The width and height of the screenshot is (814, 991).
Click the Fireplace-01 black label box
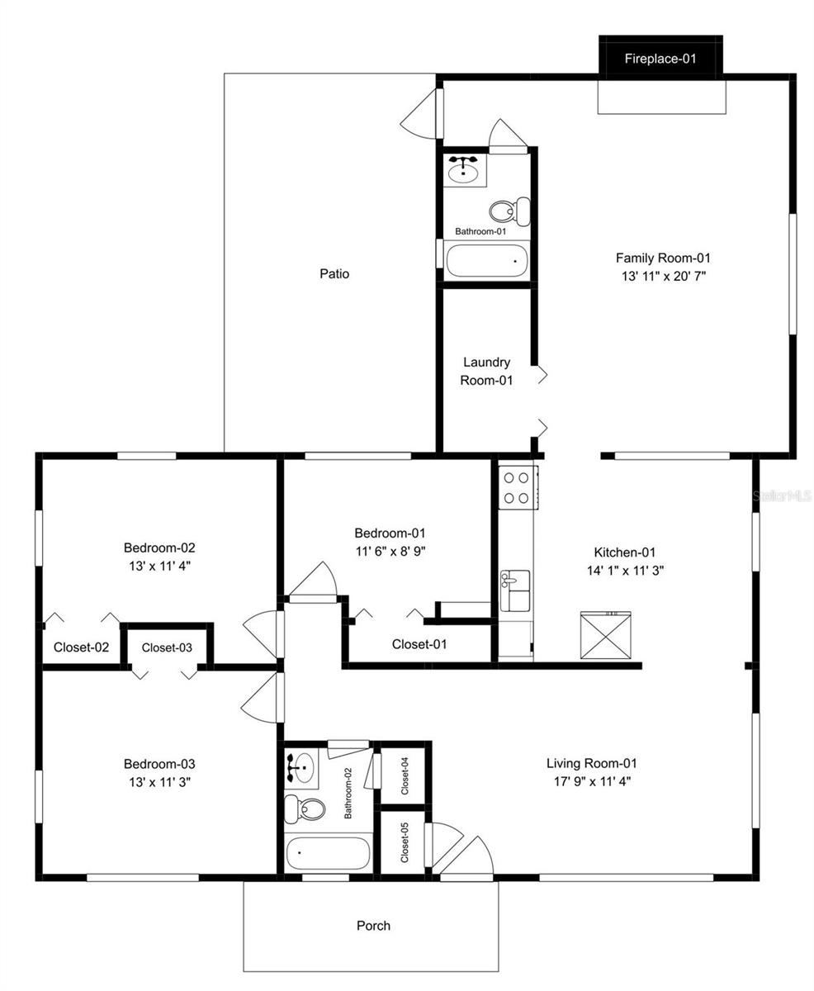click(660, 58)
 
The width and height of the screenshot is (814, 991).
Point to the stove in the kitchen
click(518, 487)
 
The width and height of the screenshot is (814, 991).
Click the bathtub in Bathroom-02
click(328, 853)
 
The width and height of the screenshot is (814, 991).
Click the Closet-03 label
click(167, 647)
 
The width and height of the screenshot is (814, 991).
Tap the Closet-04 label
click(405, 775)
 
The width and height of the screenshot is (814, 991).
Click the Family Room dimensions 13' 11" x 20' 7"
click(663, 277)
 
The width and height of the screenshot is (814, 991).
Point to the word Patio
click(334, 273)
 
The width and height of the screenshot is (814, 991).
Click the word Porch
click(373, 925)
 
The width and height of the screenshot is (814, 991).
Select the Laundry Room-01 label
click(486, 372)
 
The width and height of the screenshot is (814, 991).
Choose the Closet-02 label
click(81, 647)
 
